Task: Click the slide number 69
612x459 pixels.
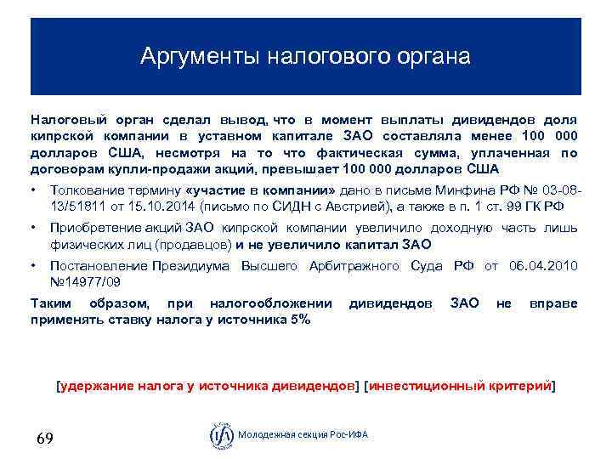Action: click(x=45, y=439)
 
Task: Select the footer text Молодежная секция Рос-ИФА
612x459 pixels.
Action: click(x=303, y=436)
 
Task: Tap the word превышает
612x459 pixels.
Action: click(x=286, y=168)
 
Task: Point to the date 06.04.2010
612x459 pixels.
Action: click(x=543, y=267)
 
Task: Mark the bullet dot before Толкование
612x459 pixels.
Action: click(x=32, y=189)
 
